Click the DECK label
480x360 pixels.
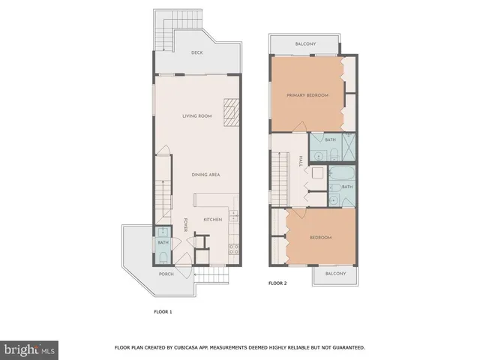click(196, 52)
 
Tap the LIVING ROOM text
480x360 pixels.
click(197, 115)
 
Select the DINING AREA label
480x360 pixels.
click(205, 175)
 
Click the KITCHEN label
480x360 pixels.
click(213, 219)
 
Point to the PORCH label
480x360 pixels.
click(166, 274)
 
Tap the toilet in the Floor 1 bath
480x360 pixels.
click(163, 257)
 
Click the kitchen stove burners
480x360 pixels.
click(233, 248)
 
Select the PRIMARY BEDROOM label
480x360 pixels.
click(307, 95)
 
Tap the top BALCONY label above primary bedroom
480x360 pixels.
click(305, 44)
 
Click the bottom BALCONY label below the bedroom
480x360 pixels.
click(335, 274)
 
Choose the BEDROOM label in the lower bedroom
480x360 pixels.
click(320, 238)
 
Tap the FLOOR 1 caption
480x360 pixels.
click(163, 310)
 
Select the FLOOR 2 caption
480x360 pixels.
click(277, 283)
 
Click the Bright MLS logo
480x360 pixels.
click(30, 349)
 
